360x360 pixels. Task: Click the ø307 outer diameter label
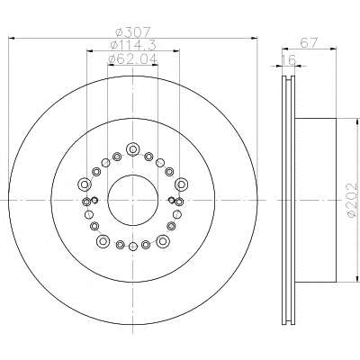coord(132,31)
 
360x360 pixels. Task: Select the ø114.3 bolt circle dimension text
coord(133,45)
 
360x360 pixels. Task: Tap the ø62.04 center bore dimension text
coord(132,59)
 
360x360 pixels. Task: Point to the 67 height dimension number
coord(309,43)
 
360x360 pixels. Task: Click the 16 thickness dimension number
coord(289,59)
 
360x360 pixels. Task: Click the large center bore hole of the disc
coord(132,200)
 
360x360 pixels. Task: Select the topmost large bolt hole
coord(132,149)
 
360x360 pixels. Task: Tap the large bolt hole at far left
coord(85,184)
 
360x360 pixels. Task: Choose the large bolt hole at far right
coord(181,184)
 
